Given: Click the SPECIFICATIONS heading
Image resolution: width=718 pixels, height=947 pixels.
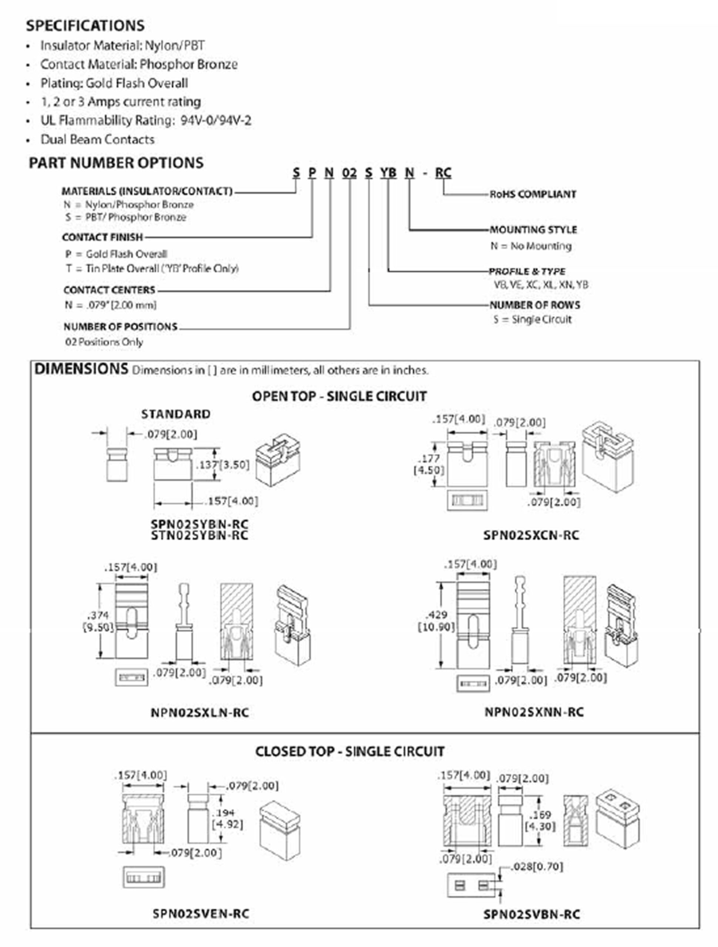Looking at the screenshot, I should [85, 26].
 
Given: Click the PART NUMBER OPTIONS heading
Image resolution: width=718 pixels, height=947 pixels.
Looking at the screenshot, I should [116, 163].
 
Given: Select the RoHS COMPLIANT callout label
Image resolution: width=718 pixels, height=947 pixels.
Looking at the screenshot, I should [533, 194].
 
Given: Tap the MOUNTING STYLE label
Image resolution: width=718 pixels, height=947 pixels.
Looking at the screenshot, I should [533, 230].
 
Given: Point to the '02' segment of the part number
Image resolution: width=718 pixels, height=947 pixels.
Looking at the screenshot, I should [349, 173].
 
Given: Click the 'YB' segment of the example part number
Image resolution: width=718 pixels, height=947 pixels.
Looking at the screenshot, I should [388, 173].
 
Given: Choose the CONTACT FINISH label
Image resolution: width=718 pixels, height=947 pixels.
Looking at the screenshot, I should [102, 237].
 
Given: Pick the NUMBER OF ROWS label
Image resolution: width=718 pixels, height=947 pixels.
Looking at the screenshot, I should [535, 305].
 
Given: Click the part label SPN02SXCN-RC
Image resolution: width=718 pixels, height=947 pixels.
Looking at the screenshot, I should [531, 535].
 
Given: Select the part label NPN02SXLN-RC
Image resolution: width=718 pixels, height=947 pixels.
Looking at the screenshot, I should [199, 713].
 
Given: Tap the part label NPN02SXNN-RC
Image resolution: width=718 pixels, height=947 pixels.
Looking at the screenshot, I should [534, 712].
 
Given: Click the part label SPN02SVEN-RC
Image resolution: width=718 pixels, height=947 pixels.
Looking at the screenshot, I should [201, 913].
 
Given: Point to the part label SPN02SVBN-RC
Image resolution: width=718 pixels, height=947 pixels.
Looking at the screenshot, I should [531, 914].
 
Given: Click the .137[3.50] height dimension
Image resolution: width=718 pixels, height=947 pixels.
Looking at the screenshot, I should [222, 465].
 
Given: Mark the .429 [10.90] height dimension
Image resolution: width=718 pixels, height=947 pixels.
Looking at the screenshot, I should [436, 621].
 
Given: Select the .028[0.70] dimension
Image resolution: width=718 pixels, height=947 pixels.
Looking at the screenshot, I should [537, 866].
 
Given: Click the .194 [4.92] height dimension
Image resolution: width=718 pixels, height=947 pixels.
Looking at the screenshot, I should [227, 819].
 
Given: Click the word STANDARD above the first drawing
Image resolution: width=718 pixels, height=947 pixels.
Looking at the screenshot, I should [176, 414].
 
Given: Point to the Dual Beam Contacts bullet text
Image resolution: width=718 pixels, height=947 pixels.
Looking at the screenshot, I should [97, 139].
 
